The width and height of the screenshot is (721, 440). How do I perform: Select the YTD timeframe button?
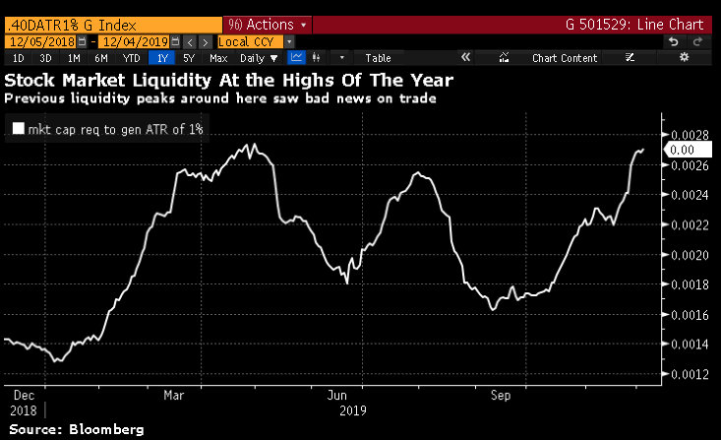coord(131,58)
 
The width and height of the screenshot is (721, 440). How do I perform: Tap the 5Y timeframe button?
coord(189,58)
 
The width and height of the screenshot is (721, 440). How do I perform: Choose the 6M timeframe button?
coord(101,58)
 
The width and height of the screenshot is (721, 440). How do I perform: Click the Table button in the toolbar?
coord(378,58)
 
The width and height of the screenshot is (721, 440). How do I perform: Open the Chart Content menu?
coord(564,58)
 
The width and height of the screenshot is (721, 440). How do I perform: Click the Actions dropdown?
coord(269,23)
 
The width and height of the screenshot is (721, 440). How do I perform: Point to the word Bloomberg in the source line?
coord(103,430)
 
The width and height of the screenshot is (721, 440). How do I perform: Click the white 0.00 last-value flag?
coord(682,150)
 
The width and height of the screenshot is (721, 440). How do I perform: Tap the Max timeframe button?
coord(218,58)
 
